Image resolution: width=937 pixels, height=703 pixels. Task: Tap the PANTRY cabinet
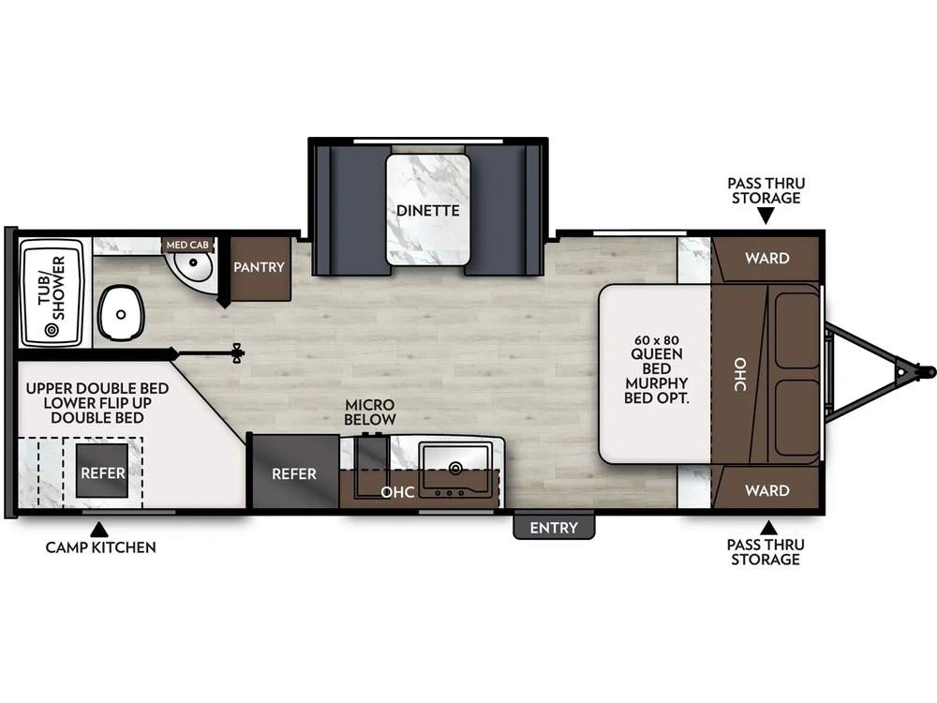tap(259, 267)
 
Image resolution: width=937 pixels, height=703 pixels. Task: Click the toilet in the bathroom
tap(121, 312)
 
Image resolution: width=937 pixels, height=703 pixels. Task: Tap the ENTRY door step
tap(554, 528)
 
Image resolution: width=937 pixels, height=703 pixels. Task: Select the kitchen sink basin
tap(455, 466)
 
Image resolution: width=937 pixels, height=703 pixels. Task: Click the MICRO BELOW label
tap(370, 411)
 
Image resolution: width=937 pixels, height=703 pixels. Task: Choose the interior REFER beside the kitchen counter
tap(294, 473)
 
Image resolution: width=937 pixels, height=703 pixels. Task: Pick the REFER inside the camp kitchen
tap(102, 472)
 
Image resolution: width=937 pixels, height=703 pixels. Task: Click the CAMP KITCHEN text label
tap(100, 547)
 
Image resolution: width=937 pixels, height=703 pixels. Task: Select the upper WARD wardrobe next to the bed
tap(766, 258)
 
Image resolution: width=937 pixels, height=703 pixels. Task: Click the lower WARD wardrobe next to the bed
tap(766, 490)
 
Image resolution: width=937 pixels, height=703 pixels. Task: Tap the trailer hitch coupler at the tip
tap(926, 371)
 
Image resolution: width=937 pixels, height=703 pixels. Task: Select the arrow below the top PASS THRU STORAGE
tap(766, 217)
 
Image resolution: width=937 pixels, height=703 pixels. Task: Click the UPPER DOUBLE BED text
tap(97, 388)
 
